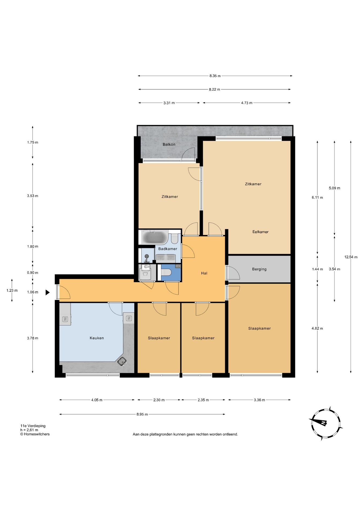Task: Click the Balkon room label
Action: [169, 144]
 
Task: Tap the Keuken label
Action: [97, 338]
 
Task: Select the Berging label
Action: [259, 269]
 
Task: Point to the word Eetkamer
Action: [260, 232]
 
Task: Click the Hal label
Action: [204, 273]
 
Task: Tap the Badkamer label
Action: [168, 249]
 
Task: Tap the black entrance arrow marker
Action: [47, 292]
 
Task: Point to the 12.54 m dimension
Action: [351, 257]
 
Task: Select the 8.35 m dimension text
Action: [215, 76]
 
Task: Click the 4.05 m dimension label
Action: [97, 400]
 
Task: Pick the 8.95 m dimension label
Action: [142, 414]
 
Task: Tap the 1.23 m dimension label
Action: [12, 290]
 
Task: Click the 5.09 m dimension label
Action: [335, 188]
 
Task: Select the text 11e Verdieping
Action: [33, 426]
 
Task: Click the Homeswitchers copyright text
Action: [35, 434]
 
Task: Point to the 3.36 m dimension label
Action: [259, 400]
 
